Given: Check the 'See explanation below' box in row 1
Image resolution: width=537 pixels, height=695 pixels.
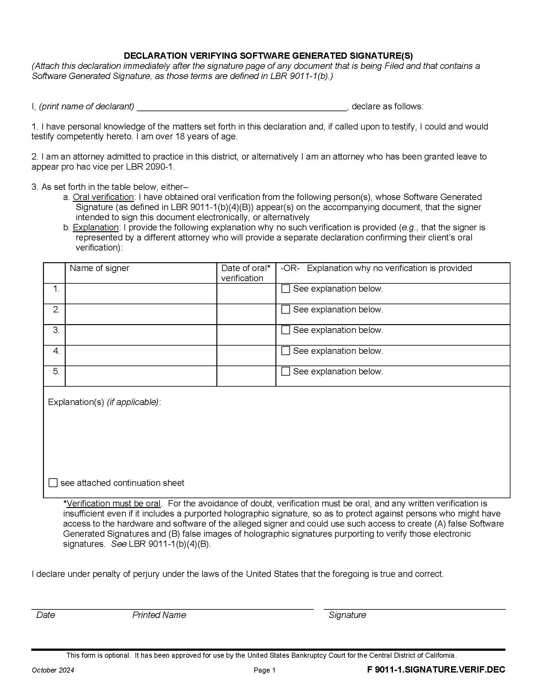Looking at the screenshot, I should click(x=286, y=289).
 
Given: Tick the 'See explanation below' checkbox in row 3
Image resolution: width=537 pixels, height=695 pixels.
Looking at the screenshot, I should click(x=286, y=330).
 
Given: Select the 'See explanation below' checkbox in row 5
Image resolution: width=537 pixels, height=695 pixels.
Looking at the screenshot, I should click(x=286, y=372).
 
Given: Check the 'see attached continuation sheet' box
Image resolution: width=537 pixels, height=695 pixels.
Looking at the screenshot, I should click(x=53, y=483).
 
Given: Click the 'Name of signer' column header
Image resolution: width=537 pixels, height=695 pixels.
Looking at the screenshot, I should click(x=99, y=268).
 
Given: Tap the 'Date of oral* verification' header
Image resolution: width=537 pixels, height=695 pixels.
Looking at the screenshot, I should click(x=245, y=273).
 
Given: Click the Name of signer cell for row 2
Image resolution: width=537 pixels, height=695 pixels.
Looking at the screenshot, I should click(x=141, y=314).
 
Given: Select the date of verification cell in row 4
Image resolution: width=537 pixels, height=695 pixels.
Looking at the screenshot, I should click(x=246, y=355).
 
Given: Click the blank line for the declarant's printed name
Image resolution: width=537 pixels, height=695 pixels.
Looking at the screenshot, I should click(x=242, y=106).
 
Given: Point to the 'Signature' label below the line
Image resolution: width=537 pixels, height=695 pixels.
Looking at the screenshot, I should click(x=347, y=615).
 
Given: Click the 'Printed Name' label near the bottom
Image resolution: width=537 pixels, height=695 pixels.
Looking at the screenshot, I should click(x=159, y=615).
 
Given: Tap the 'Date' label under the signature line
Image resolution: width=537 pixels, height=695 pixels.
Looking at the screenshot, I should click(x=45, y=615).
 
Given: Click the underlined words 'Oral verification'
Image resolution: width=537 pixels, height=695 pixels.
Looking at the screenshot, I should click(x=103, y=197).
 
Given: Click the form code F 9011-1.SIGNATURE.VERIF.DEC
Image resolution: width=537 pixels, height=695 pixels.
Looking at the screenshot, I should click(x=436, y=670).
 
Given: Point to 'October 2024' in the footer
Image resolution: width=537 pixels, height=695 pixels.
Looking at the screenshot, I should click(x=53, y=670).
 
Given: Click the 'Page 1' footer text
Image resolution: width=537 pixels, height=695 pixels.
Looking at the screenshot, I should click(x=264, y=670).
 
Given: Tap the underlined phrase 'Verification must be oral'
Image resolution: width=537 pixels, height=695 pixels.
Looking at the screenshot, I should click(x=114, y=504).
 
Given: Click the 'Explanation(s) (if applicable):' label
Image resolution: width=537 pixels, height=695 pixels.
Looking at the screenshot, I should click(x=104, y=402).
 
